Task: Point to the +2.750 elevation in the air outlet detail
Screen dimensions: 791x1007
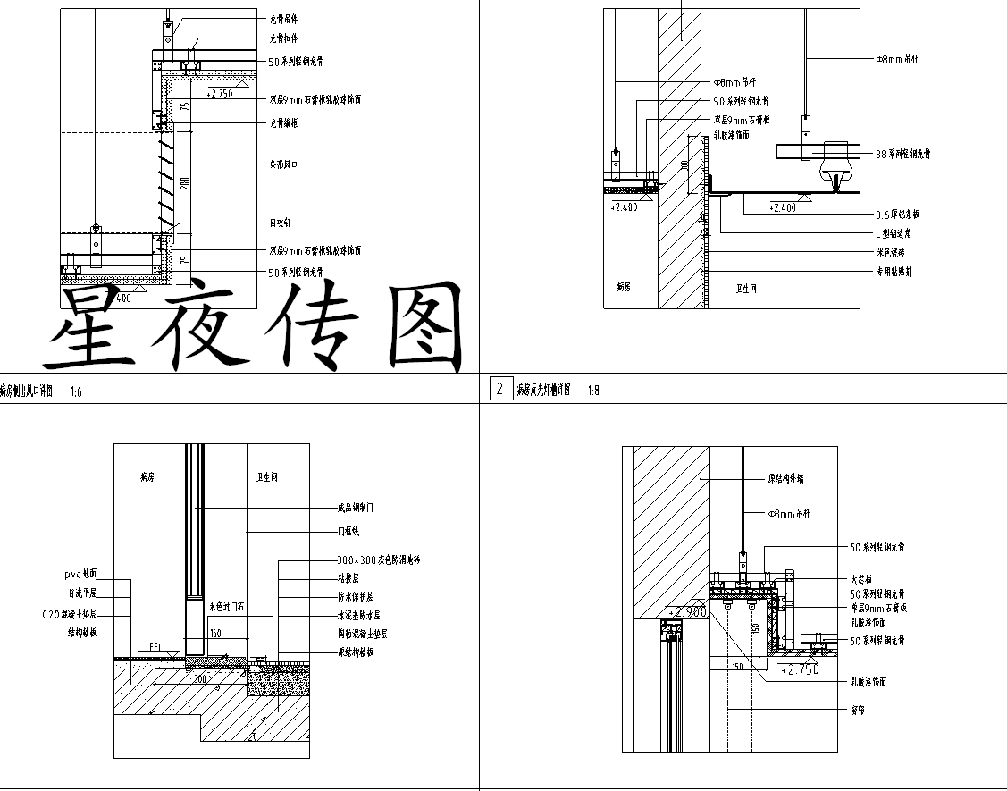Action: pos(219,93)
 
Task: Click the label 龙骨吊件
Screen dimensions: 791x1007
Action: pos(283,19)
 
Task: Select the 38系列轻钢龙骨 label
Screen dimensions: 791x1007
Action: pos(902,154)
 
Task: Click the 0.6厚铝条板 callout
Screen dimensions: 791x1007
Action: pos(897,215)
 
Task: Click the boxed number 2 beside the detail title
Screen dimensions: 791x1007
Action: pos(499,389)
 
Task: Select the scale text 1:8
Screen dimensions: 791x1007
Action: pos(593,391)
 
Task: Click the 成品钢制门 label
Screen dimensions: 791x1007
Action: pos(355,508)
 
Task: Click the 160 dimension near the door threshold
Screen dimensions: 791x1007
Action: pos(215,634)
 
